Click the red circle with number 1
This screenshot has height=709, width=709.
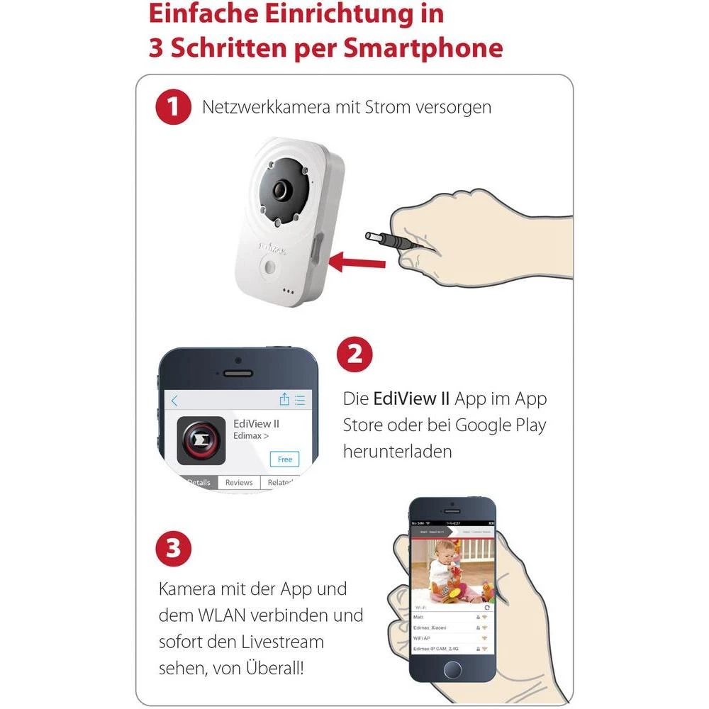point(173,108)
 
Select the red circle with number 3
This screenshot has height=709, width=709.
point(173,548)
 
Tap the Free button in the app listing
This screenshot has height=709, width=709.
point(284,459)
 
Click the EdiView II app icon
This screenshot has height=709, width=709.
point(201,440)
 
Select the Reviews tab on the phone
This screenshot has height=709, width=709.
point(239,482)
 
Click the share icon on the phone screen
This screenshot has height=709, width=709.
point(284,399)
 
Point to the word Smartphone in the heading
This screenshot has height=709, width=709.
point(423,48)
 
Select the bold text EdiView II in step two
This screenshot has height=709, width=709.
point(411,398)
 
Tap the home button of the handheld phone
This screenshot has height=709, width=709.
point(452,669)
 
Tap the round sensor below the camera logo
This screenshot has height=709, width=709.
point(271,267)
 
